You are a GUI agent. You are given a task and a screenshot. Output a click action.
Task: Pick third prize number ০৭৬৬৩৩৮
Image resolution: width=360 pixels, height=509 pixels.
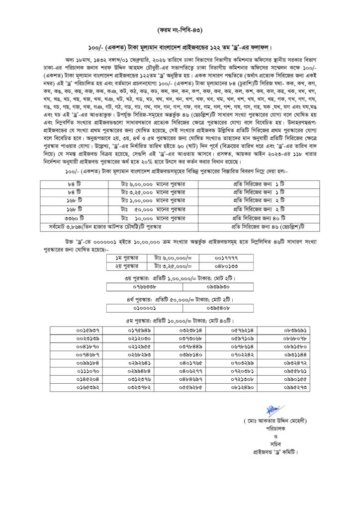pyautogui.click(x=145, y=287)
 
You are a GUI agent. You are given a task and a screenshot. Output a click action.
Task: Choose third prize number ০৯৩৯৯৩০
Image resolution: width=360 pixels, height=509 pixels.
pyautogui.click(x=216, y=287)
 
